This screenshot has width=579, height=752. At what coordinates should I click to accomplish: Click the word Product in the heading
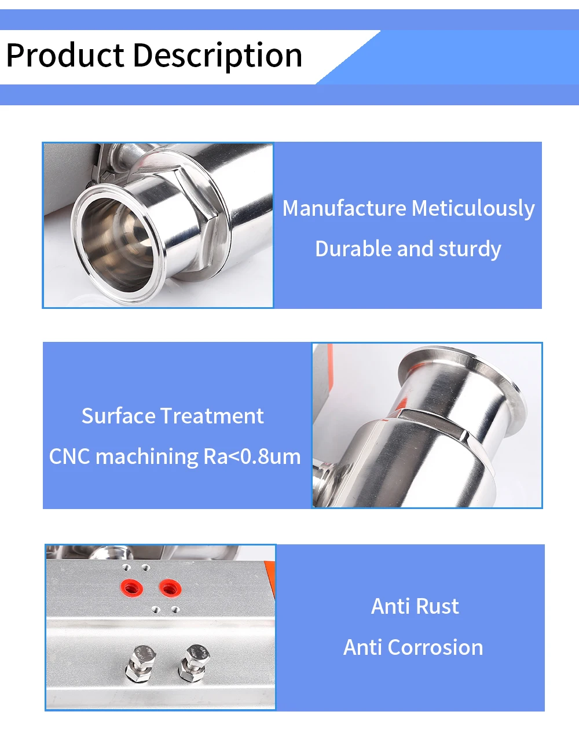pos(65,55)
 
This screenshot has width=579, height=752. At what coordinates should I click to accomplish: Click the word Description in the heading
pos(218,56)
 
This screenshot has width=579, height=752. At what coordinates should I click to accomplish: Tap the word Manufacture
pos(344,208)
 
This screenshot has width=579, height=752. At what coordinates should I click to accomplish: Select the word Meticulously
pos(473,209)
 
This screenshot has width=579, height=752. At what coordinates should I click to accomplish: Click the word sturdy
pos(470,249)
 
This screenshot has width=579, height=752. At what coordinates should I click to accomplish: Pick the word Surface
pos(119,415)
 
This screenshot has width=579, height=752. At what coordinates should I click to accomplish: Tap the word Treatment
pos(212,415)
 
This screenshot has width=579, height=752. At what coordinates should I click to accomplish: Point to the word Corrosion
pos(435,647)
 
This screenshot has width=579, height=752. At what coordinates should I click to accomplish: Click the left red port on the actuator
pos(131,588)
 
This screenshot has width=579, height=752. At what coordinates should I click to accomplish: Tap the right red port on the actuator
pos(170,588)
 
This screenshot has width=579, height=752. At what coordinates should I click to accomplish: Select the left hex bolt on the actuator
pos(140,663)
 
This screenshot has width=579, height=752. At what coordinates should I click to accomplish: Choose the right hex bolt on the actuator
pos(194,663)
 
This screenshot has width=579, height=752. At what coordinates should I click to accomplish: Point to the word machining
pos(146,457)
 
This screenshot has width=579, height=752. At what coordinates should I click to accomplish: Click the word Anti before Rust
pos(391,606)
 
